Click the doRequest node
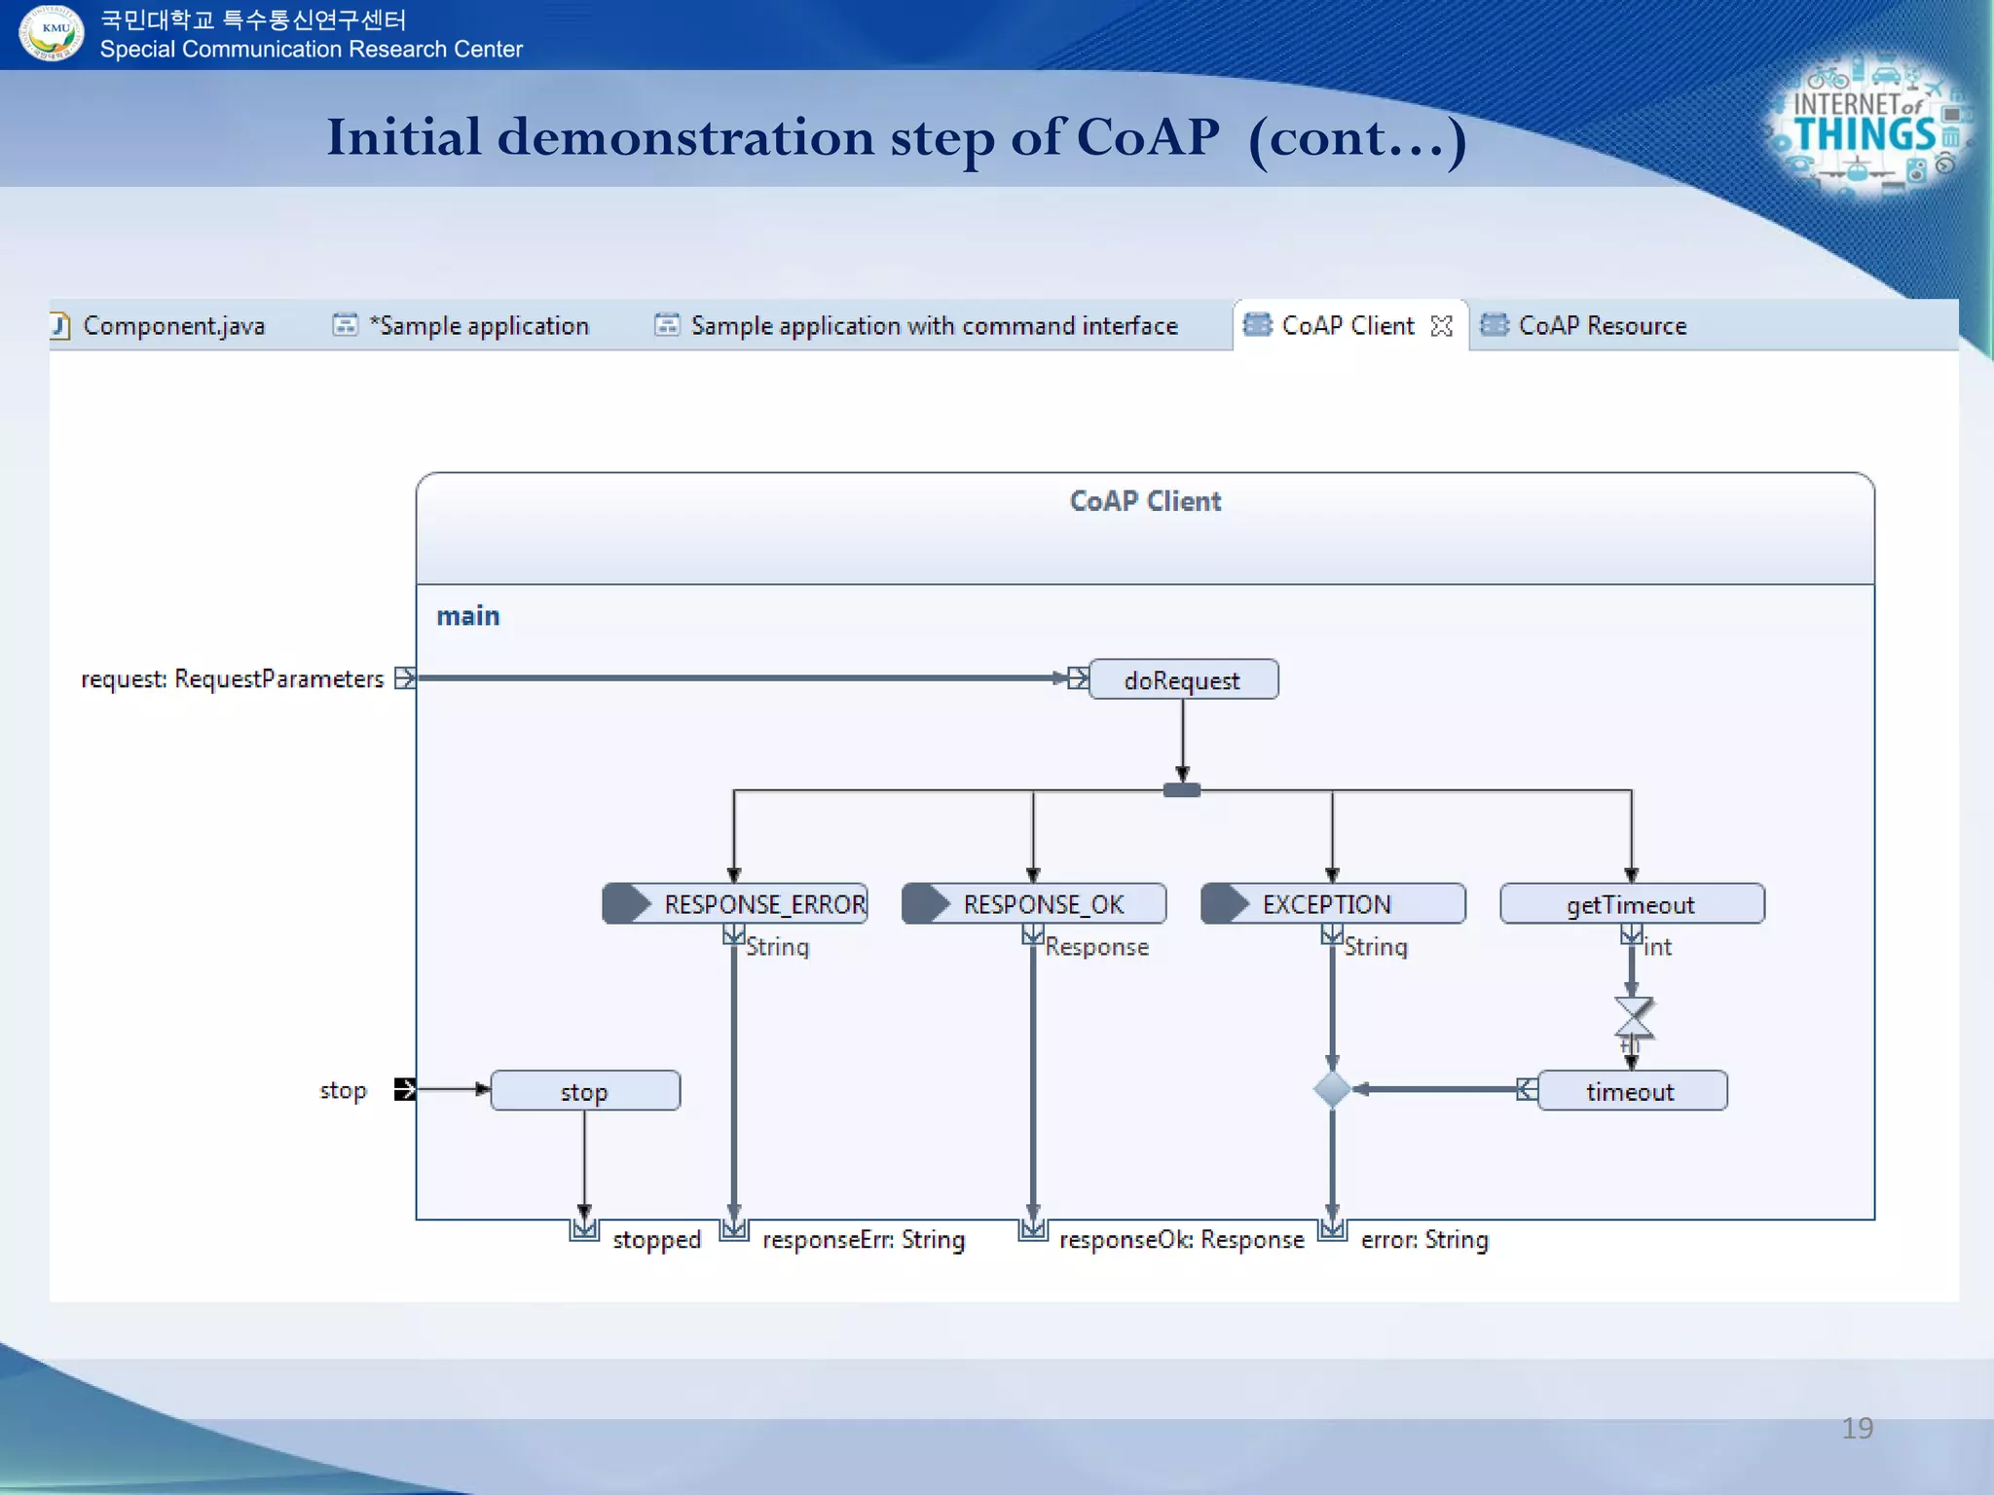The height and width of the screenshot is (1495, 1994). click(1182, 679)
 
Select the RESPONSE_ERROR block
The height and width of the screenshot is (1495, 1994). click(735, 903)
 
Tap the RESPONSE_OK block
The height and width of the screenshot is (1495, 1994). click(1034, 903)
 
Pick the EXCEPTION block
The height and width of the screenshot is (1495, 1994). click(1333, 903)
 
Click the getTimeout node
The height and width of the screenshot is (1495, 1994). click(1632, 903)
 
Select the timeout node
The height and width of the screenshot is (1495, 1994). click(1632, 1091)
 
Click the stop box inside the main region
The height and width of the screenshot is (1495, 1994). click(585, 1091)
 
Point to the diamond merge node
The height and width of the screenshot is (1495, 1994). click(1332, 1089)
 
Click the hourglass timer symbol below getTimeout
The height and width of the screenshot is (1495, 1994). click(1633, 1017)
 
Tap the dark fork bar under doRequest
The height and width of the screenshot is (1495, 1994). click(1182, 790)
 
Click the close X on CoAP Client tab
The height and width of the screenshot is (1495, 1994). click(1442, 326)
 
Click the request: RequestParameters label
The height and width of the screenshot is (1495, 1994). click(232, 678)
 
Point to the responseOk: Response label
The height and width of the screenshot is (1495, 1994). click(1181, 1239)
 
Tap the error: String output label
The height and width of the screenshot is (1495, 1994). click(1423, 1239)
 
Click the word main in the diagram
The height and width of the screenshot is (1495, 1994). click(467, 616)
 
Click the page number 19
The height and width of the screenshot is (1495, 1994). click(1857, 1428)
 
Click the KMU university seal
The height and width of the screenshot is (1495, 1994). click(52, 32)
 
